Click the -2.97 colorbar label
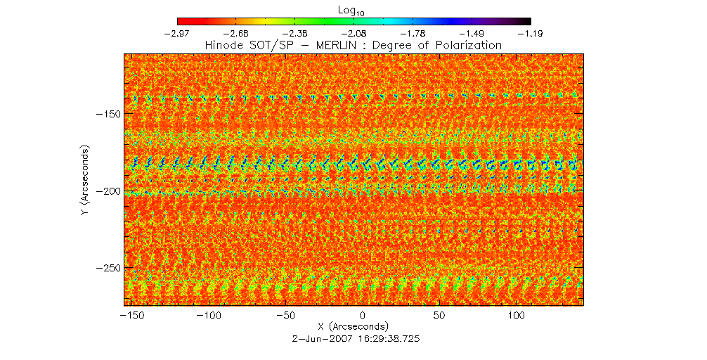coord(177,32)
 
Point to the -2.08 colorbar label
coord(354,32)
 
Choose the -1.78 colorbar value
coord(413,32)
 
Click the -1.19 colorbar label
coord(531,32)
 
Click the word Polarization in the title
coord(467,45)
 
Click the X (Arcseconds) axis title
coord(353,327)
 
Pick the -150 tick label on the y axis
coord(109,114)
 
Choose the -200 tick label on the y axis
coord(109,191)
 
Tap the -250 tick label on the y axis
coord(109,269)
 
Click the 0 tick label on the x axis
coord(363,316)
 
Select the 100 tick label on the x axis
coord(517,316)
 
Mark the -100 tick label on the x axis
coord(208,316)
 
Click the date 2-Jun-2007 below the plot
coord(320,338)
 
